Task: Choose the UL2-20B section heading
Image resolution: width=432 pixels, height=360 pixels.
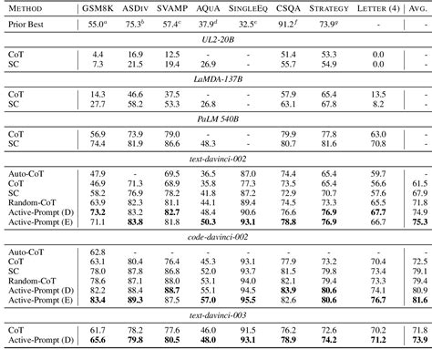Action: point(215,43)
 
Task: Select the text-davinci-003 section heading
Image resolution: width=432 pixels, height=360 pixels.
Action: point(215,318)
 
